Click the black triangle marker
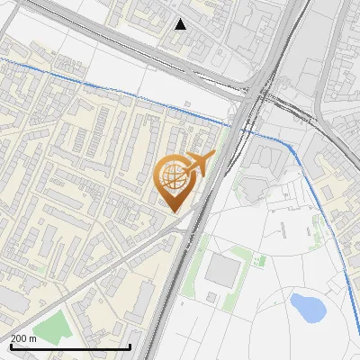tap(181, 24)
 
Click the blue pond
tap(307, 308)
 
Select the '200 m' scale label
tap(23, 338)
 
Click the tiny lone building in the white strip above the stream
tap(187, 104)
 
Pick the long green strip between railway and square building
tap(193, 270)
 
